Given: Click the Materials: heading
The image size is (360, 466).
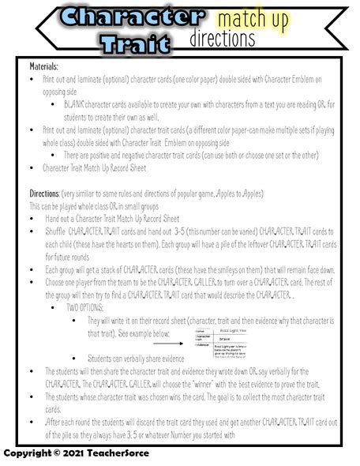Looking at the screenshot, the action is pyautogui.click(x=44, y=69).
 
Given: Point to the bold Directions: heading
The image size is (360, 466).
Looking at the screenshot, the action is pyautogui.click(x=45, y=194).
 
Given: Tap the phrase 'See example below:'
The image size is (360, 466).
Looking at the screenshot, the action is pyautogui.click(x=141, y=333).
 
